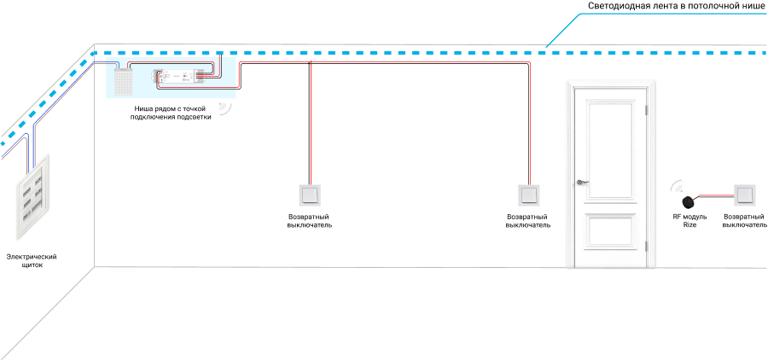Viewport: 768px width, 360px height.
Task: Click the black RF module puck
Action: click(x=689, y=200)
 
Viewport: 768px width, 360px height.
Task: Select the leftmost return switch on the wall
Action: click(x=310, y=195)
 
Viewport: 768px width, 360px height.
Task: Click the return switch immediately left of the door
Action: click(x=528, y=195)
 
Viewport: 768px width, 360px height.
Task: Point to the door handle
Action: click(x=582, y=183)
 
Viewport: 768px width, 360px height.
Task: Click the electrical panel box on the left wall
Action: click(x=34, y=196)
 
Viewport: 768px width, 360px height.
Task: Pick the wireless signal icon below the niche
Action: click(x=224, y=108)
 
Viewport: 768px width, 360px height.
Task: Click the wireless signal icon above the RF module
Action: click(x=678, y=187)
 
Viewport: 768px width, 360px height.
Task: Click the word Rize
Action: click(x=689, y=225)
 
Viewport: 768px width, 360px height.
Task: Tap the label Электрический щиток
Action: click(x=32, y=261)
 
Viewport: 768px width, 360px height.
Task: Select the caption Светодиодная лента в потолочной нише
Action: click(x=676, y=6)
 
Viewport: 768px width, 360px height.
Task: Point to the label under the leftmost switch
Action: click(x=310, y=221)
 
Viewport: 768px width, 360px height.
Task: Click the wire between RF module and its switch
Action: click(x=715, y=195)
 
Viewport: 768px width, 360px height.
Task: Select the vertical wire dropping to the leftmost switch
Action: click(x=310, y=123)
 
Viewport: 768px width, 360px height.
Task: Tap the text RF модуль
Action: click(x=689, y=217)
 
